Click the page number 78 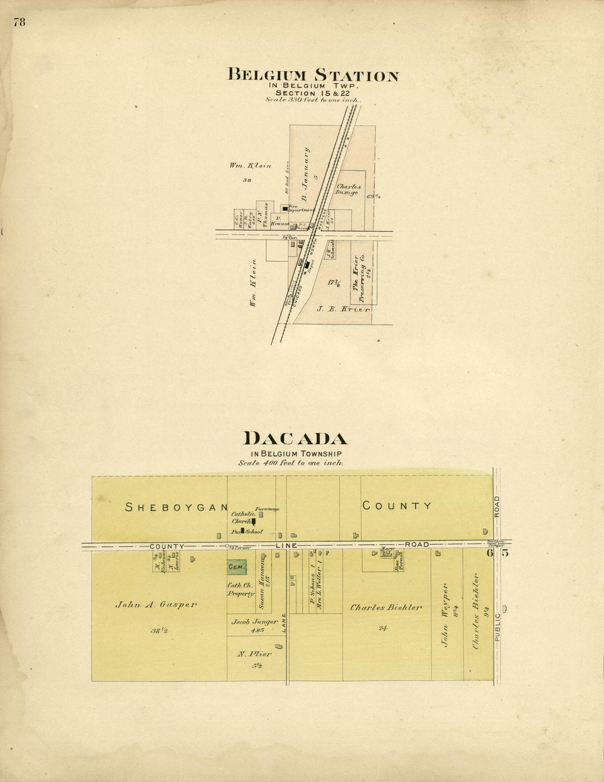tap(20, 23)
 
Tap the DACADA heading tap(295, 438)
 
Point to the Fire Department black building tap(284, 209)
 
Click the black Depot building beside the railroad tap(306, 264)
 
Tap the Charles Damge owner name tap(347, 189)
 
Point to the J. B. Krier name tap(343, 310)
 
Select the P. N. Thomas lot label tap(265, 215)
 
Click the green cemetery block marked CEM tap(237, 567)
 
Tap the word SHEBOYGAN tap(176, 507)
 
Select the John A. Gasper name tap(156, 605)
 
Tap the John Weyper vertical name tap(446, 615)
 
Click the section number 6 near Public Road tap(489, 553)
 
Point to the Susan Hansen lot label tap(262, 586)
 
